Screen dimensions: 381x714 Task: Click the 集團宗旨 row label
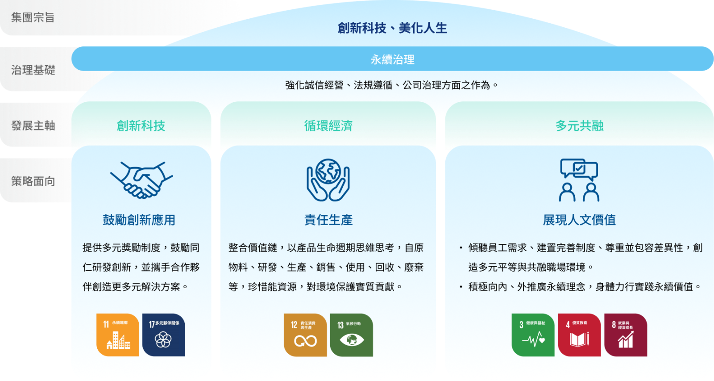click(x=33, y=17)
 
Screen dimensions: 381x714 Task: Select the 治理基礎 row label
click(x=33, y=70)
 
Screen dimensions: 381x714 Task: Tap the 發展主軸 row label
click(x=33, y=126)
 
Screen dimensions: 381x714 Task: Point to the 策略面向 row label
click(x=33, y=181)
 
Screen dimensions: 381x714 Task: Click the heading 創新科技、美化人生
click(x=392, y=28)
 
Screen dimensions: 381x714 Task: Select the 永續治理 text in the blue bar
click(x=392, y=59)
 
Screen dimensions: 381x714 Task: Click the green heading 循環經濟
click(x=328, y=126)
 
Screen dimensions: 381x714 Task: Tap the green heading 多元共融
click(x=579, y=126)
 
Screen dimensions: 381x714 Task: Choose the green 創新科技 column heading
click(x=141, y=126)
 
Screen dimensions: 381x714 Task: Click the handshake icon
click(x=141, y=180)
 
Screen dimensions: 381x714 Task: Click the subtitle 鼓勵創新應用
click(x=139, y=220)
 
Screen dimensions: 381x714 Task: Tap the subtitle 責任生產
click(x=328, y=220)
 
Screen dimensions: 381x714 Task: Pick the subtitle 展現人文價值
click(x=579, y=220)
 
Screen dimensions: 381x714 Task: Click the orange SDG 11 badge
click(x=118, y=335)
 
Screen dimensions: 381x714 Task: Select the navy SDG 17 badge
click(x=163, y=335)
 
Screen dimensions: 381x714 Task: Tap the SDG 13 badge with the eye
click(x=351, y=335)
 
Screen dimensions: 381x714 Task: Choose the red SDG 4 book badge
click(x=579, y=335)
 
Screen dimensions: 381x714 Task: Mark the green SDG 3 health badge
click(x=533, y=335)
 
